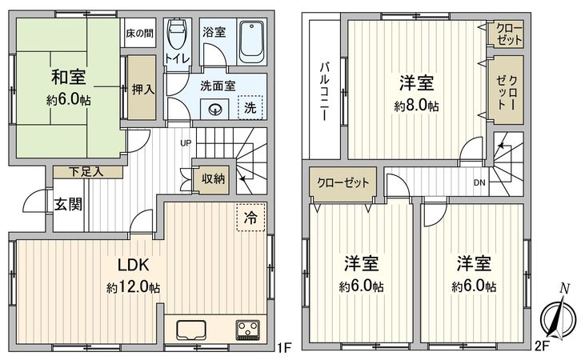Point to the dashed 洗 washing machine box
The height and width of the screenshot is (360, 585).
(250, 108)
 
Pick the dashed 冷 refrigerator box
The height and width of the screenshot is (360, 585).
(250, 216)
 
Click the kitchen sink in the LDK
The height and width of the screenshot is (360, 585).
(190, 330)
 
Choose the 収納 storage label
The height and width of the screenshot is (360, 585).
(213, 179)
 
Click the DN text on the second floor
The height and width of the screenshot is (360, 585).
(479, 182)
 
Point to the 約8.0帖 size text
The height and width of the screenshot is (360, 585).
(416, 106)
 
